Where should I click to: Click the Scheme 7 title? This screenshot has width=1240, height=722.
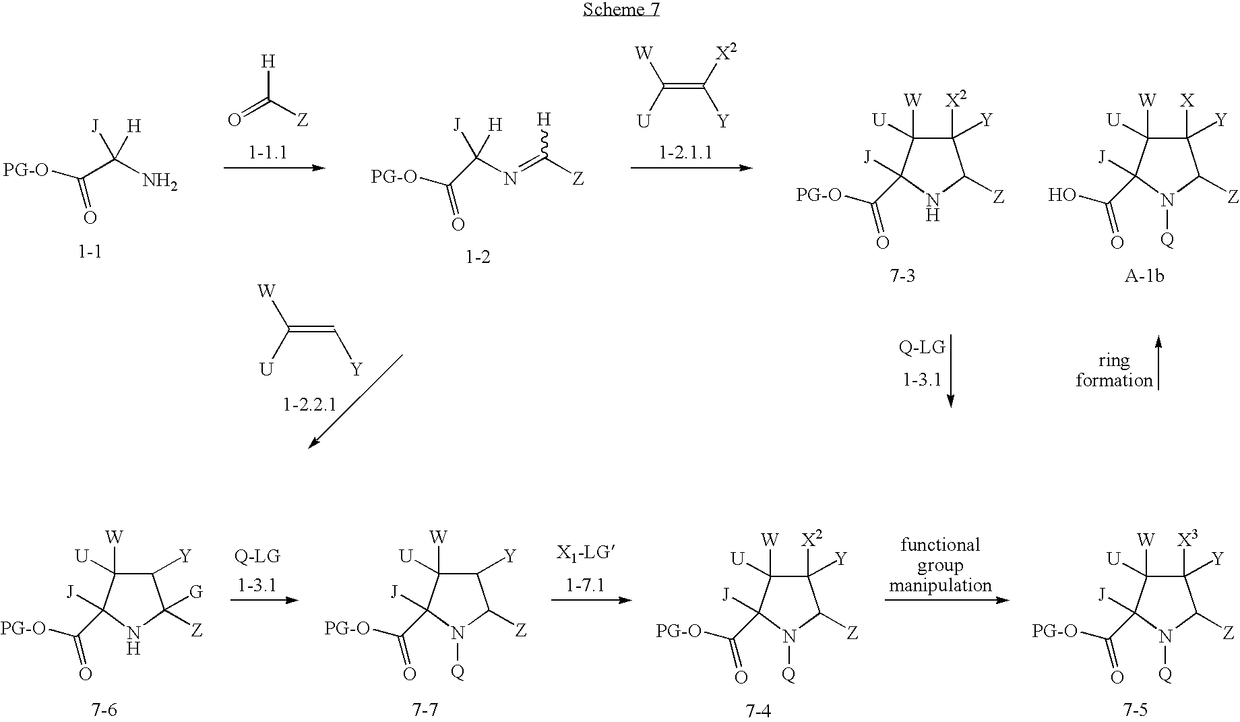coord(621,9)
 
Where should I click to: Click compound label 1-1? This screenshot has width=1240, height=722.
coord(90,251)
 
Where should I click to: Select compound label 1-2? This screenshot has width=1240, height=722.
coord(478,257)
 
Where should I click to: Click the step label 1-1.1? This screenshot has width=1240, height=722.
coord(268,153)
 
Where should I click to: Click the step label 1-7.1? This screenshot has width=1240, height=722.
coord(585,585)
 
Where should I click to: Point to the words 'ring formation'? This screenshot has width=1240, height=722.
coord(1113,370)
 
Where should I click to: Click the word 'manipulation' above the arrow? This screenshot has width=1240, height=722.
coord(940,585)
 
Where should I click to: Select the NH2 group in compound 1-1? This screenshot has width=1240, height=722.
coord(160,182)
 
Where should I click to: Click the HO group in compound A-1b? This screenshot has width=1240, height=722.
coord(1063,195)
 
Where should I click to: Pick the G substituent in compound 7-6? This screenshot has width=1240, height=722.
coord(196,592)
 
